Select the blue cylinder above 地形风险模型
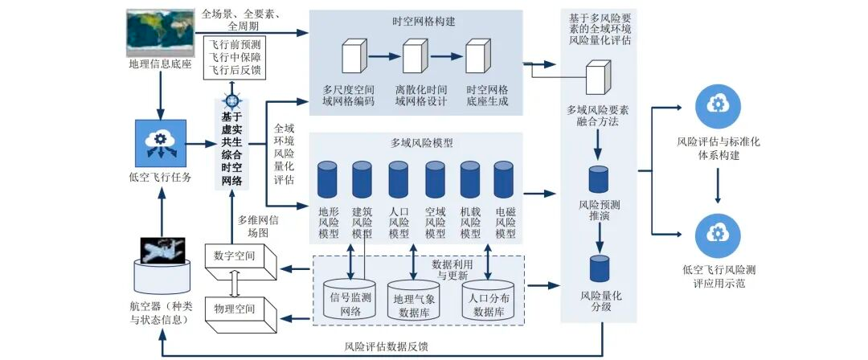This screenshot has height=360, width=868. click(327, 179)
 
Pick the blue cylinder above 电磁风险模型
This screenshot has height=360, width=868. click(504, 179)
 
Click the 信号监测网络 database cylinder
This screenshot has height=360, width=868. click(350, 298)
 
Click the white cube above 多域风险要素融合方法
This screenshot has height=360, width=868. click(599, 77)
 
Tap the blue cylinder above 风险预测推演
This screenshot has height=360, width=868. click(598, 179)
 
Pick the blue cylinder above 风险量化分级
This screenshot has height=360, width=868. click(599, 268)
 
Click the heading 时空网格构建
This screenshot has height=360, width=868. click(416, 22)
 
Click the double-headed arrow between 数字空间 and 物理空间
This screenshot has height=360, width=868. click(235, 288)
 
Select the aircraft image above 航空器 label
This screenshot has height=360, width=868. click(162, 250)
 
